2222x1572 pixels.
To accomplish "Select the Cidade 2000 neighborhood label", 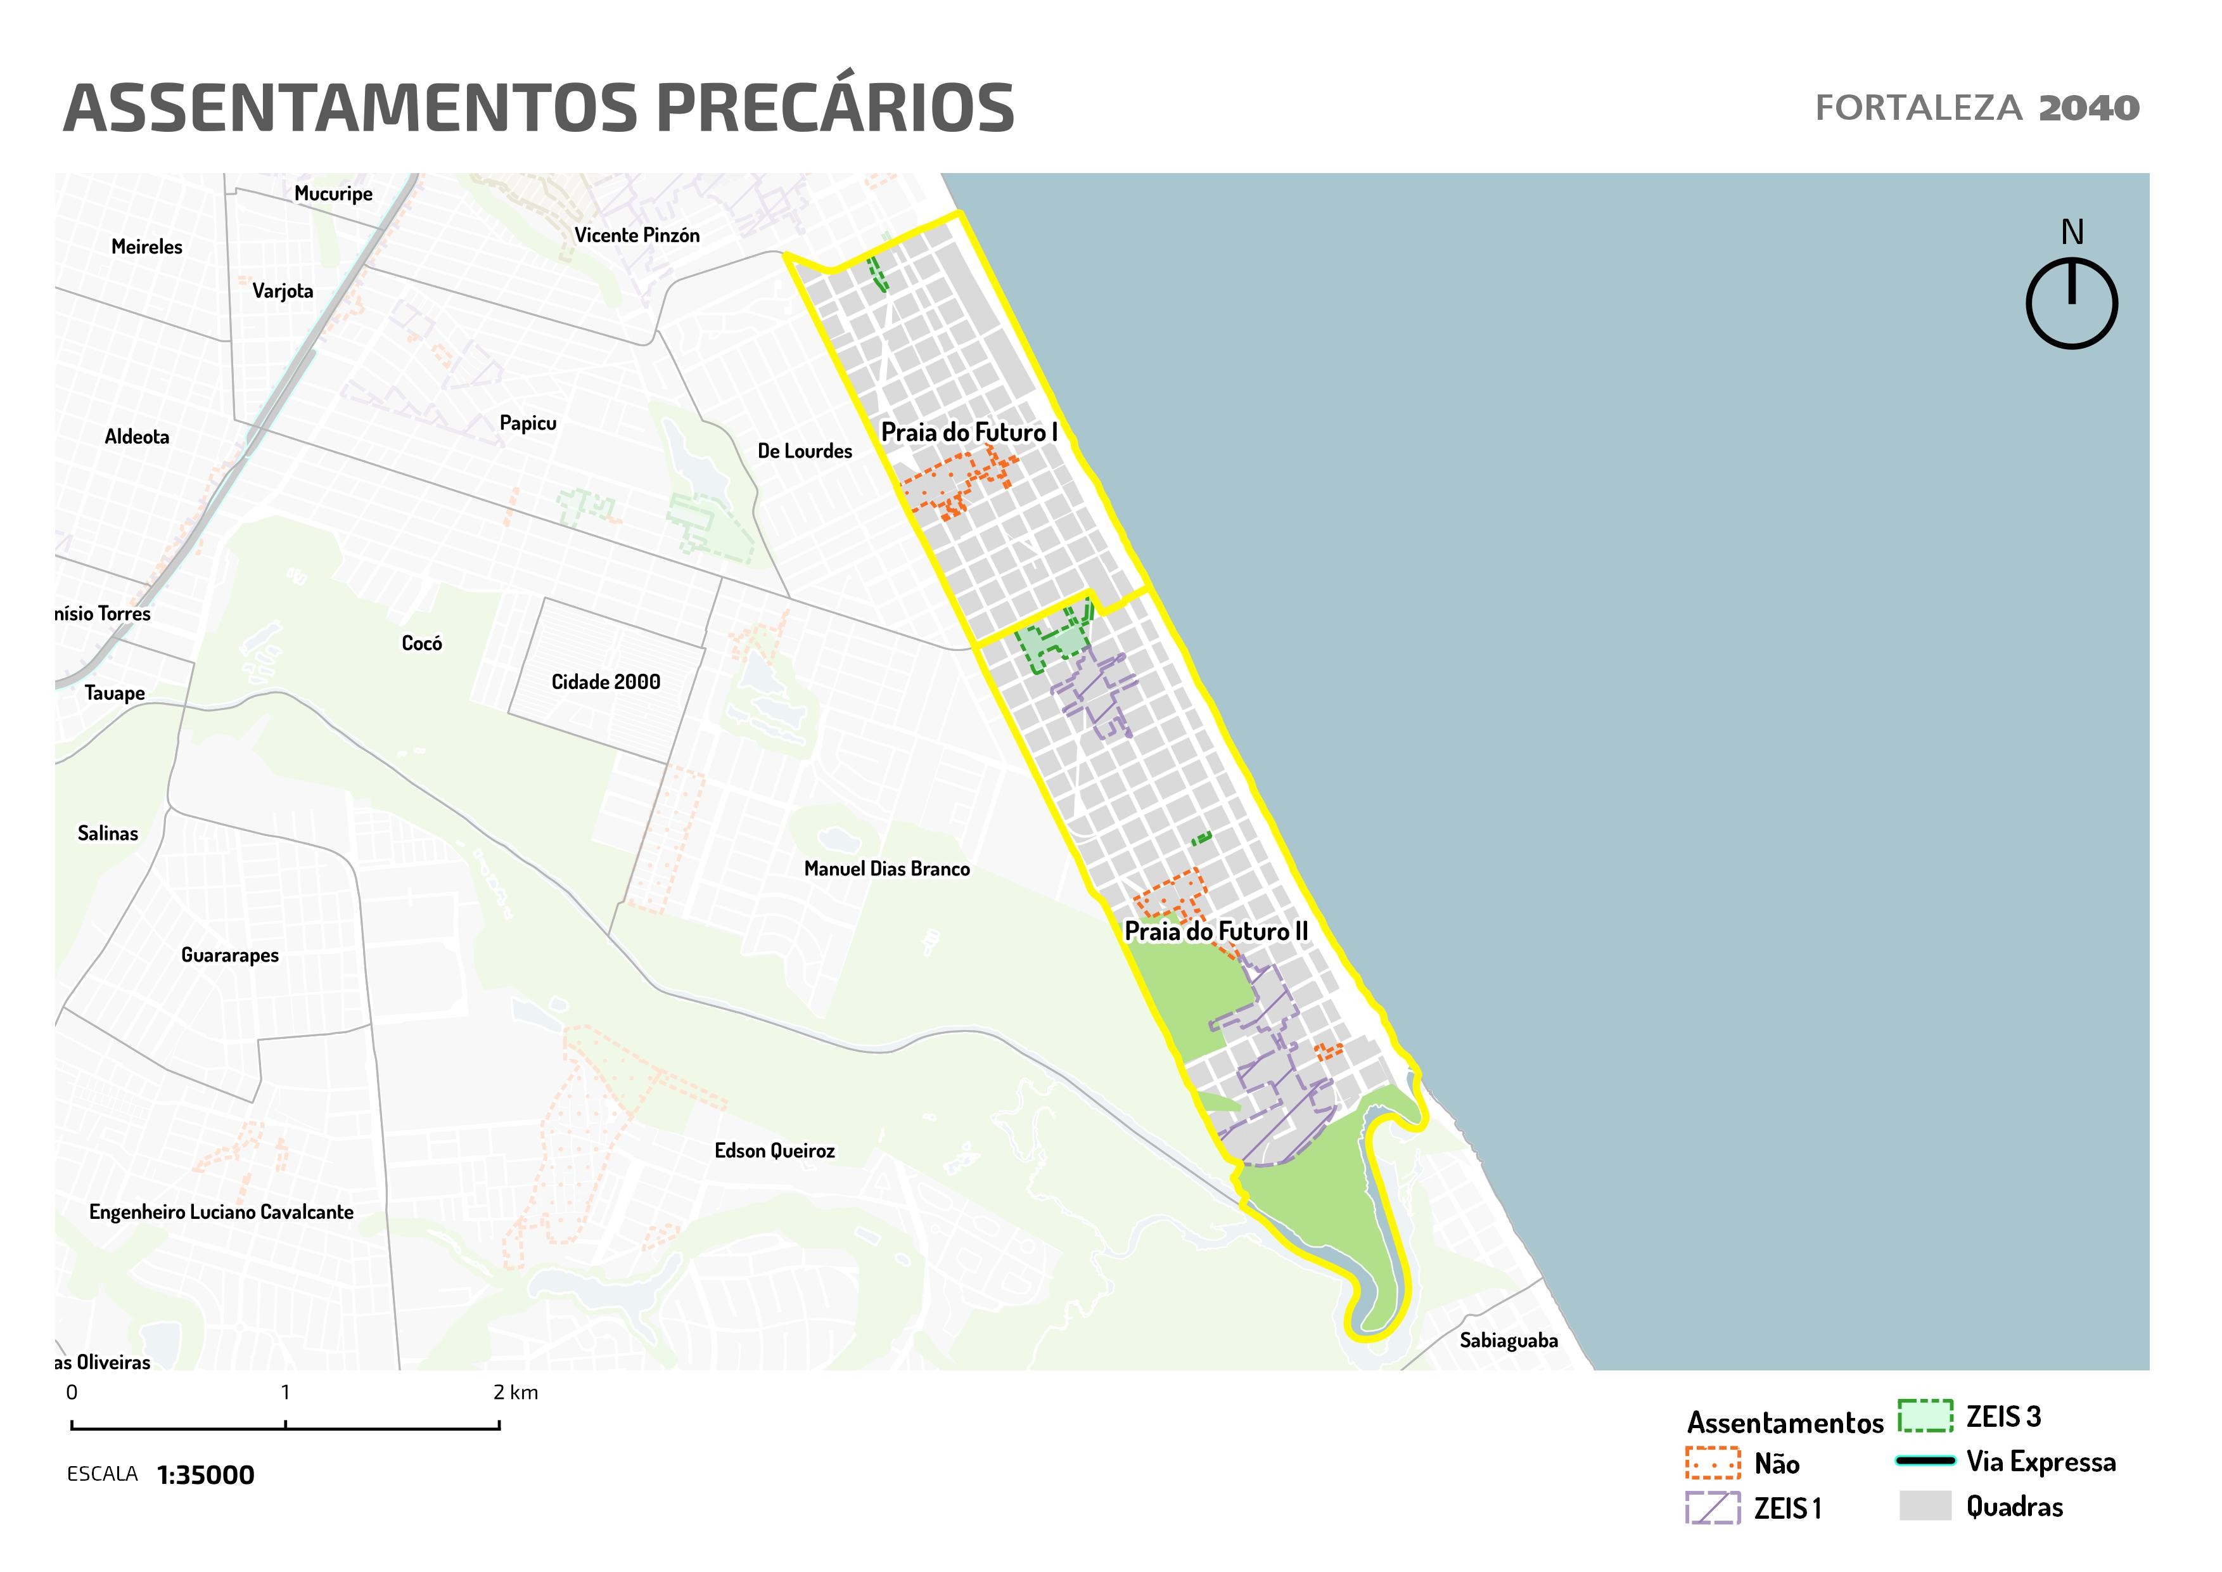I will click(606, 683).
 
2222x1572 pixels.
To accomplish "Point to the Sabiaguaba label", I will click(1509, 1341).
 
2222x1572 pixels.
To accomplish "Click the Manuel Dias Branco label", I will click(886, 869).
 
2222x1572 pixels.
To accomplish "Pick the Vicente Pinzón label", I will click(637, 235).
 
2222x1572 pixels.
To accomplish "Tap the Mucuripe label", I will click(333, 193).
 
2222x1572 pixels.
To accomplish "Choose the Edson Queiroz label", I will click(774, 1151).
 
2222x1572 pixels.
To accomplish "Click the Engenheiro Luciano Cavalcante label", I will click(220, 1212).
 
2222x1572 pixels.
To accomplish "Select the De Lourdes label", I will click(804, 451).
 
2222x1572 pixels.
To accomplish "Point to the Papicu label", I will click(527, 423).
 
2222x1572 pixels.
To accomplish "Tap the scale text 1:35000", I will click(205, 1475).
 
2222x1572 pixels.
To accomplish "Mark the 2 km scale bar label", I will click(515, 1393).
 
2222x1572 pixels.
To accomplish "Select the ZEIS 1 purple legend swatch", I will click(1713, 1507).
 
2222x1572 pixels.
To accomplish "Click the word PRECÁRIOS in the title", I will click(835, 108).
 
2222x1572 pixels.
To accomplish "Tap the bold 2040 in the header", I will click(2088, 108).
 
